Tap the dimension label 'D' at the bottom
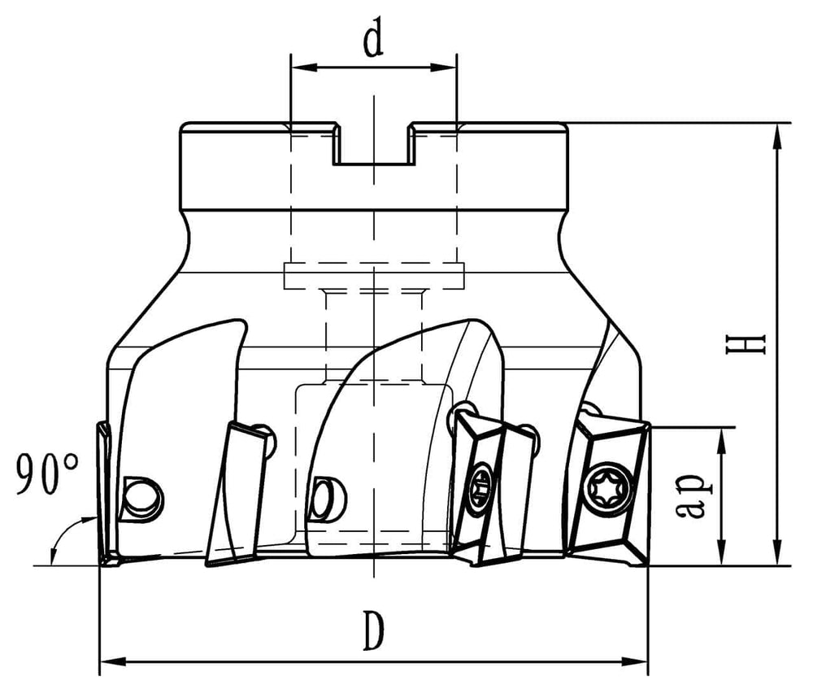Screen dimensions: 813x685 [373, 630]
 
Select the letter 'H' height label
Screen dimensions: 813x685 [746, 345]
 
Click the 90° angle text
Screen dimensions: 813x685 [47, 473]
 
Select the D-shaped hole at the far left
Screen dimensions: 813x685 [141, 498]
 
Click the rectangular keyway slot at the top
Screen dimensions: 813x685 [373, 144]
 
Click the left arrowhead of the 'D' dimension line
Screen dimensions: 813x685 [112, 661]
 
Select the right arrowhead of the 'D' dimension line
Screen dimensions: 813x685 [635, 661]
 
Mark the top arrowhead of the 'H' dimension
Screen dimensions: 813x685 [776, 137]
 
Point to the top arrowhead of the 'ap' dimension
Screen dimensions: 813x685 [720, 442]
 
